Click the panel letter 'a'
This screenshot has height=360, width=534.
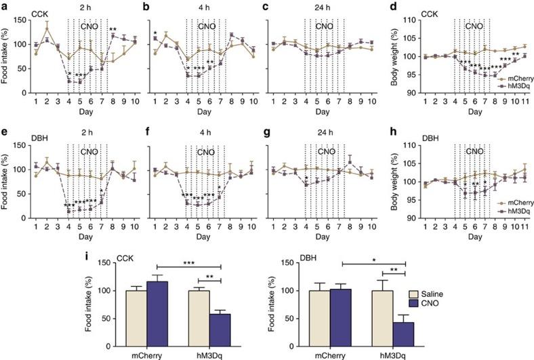tap(5, 5)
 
